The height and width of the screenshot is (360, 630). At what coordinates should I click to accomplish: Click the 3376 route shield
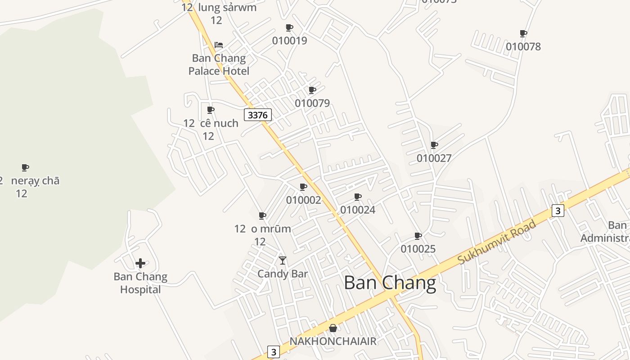258,115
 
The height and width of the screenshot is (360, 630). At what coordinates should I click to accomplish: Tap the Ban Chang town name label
390,283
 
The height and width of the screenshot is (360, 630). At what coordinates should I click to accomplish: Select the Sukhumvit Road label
497,242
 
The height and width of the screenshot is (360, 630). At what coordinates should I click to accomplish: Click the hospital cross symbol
140,263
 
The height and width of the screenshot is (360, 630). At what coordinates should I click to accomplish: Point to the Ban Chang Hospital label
140,283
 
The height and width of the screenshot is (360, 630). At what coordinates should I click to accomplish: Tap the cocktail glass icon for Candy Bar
283,261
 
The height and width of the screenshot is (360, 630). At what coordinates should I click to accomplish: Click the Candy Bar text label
283,274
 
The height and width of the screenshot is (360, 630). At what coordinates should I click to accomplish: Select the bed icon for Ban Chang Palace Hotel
219,45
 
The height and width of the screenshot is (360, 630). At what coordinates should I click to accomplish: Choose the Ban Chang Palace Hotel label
219,64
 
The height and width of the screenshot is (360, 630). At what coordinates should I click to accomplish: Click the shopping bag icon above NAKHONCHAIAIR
333,328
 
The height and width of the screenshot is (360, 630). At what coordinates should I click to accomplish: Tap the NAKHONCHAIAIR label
333,341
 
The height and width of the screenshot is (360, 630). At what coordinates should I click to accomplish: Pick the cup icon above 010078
523,33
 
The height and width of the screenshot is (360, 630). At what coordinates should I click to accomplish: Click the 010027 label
434,158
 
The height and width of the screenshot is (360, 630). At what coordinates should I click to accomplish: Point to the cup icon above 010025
418,236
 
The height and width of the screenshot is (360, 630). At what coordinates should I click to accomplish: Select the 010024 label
358,210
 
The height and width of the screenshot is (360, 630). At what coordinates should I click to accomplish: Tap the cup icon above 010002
303,187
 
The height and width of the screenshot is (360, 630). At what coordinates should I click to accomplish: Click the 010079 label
312,103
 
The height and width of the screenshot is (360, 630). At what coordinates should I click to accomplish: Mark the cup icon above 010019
289,27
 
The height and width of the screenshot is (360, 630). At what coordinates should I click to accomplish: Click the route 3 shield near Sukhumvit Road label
558,211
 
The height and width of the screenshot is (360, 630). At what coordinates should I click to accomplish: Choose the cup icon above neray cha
25,168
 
